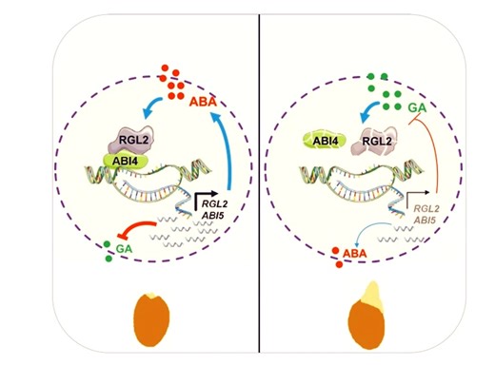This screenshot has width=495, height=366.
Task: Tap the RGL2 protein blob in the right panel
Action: pos(373,142)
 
